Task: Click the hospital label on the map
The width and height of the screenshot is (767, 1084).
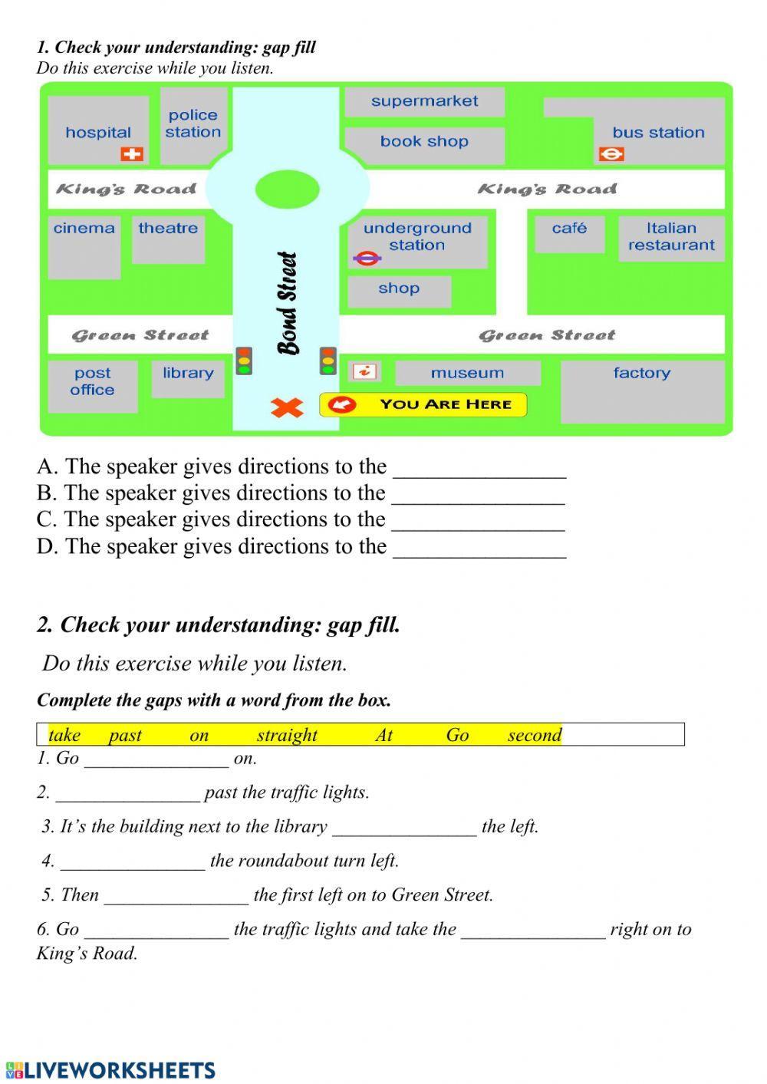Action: point(98,133)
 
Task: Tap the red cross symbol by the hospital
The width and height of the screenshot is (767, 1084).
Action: point(132,154)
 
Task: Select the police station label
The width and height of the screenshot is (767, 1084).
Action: point(193,124)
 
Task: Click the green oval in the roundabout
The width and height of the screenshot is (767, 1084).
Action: point(287,189)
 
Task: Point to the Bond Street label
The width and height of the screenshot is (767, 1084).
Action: point(288,303)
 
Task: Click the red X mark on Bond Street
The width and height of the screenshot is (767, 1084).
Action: point(287,407)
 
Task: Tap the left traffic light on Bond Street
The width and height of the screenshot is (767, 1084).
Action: point(244,360)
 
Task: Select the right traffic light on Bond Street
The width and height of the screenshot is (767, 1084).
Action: point(328,360)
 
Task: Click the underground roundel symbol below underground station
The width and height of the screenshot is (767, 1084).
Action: point(367,259)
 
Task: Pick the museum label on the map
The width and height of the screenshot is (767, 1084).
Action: point(467,374)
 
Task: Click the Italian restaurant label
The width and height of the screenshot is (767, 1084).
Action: point(671,237)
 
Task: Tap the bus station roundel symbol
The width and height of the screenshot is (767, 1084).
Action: point(611,154)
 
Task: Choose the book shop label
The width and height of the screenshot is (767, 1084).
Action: point(424,142)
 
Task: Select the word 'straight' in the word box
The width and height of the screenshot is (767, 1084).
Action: point(287,735)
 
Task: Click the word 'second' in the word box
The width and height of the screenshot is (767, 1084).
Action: point(535,735)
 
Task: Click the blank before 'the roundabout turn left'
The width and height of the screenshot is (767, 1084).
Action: point(132,862)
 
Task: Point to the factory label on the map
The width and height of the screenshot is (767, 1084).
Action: point(641,374)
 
